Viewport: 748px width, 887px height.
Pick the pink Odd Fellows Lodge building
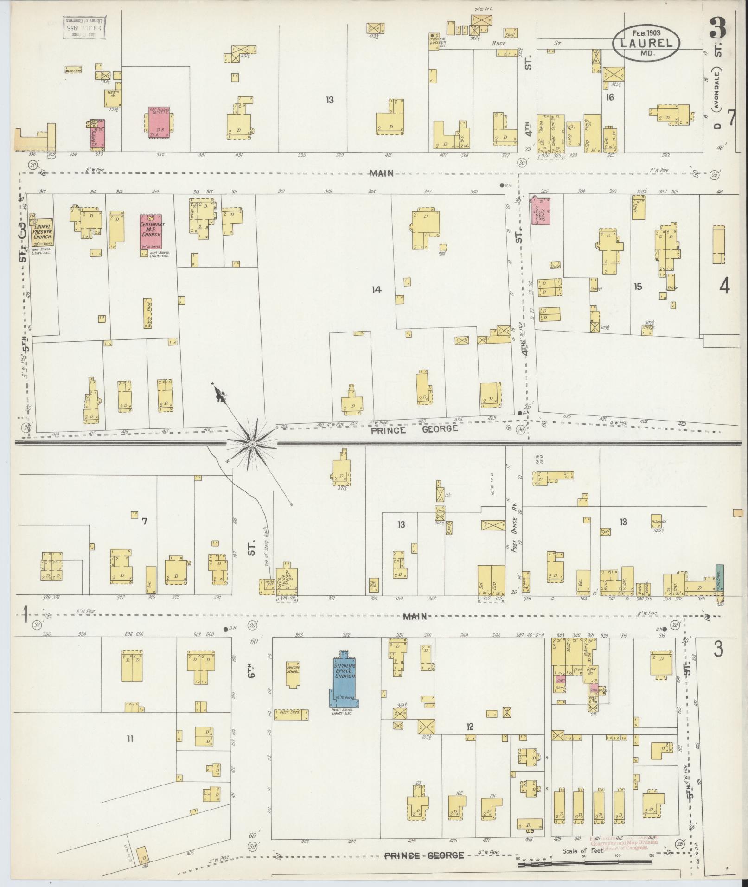[x=159, y=122]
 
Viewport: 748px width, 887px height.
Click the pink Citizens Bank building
[x=541, y=211]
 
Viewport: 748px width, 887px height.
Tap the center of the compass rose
[x=252, y=444]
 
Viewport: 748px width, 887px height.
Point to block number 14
[x=376, y=290]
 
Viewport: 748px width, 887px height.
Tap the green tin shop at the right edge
[x=719, y=580]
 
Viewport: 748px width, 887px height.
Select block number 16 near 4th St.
[x=610, y=97]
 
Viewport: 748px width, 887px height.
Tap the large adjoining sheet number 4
[x=724, y=287]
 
